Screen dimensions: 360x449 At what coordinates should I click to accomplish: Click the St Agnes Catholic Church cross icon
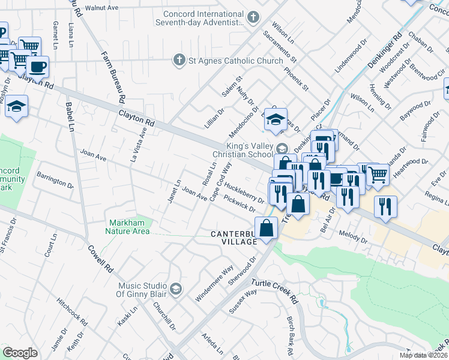point(178,60)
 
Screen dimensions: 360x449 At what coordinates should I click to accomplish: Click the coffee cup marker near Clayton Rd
point(37,67)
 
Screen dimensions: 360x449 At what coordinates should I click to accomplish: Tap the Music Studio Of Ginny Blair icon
point(175,289)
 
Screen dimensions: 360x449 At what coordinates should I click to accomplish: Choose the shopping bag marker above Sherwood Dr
point(266,229)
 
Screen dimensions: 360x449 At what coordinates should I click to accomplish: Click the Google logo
point(20,353)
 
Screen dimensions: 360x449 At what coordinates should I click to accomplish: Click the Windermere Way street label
point(214,283)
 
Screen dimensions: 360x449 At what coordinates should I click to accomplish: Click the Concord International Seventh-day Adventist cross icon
point(253,17)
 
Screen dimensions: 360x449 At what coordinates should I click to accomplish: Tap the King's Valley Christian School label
point(249,150)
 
